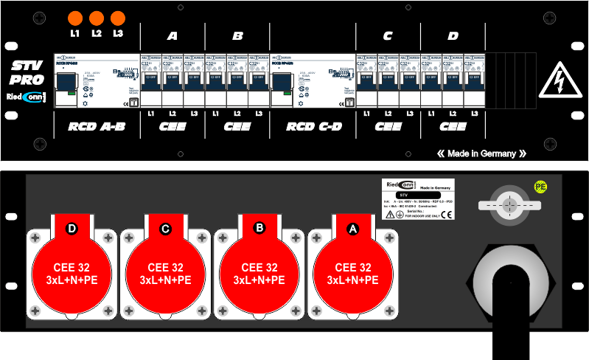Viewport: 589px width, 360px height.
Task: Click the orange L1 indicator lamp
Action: (74, 19)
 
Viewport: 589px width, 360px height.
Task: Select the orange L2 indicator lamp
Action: (96, 19)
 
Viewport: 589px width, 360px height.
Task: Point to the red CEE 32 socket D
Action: (72, 269)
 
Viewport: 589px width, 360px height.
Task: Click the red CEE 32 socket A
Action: (352, 269)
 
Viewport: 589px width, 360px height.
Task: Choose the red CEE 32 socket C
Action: (165, 269)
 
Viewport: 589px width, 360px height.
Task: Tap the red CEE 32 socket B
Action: (259, 269)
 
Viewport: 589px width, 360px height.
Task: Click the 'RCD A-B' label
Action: (97, 127)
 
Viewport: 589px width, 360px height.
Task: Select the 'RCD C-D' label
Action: (314, 127)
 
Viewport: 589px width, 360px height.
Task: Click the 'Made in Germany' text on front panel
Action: (481, 153)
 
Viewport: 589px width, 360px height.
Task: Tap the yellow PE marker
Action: (540, 187)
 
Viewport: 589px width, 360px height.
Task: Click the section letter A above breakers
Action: (172, 35)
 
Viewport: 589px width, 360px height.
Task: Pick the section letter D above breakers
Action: (453, 35)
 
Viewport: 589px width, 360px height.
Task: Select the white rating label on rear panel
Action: (418, 198)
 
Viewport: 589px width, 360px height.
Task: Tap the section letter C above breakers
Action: (388, 35)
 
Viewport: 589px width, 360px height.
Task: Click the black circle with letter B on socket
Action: (259, 228)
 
